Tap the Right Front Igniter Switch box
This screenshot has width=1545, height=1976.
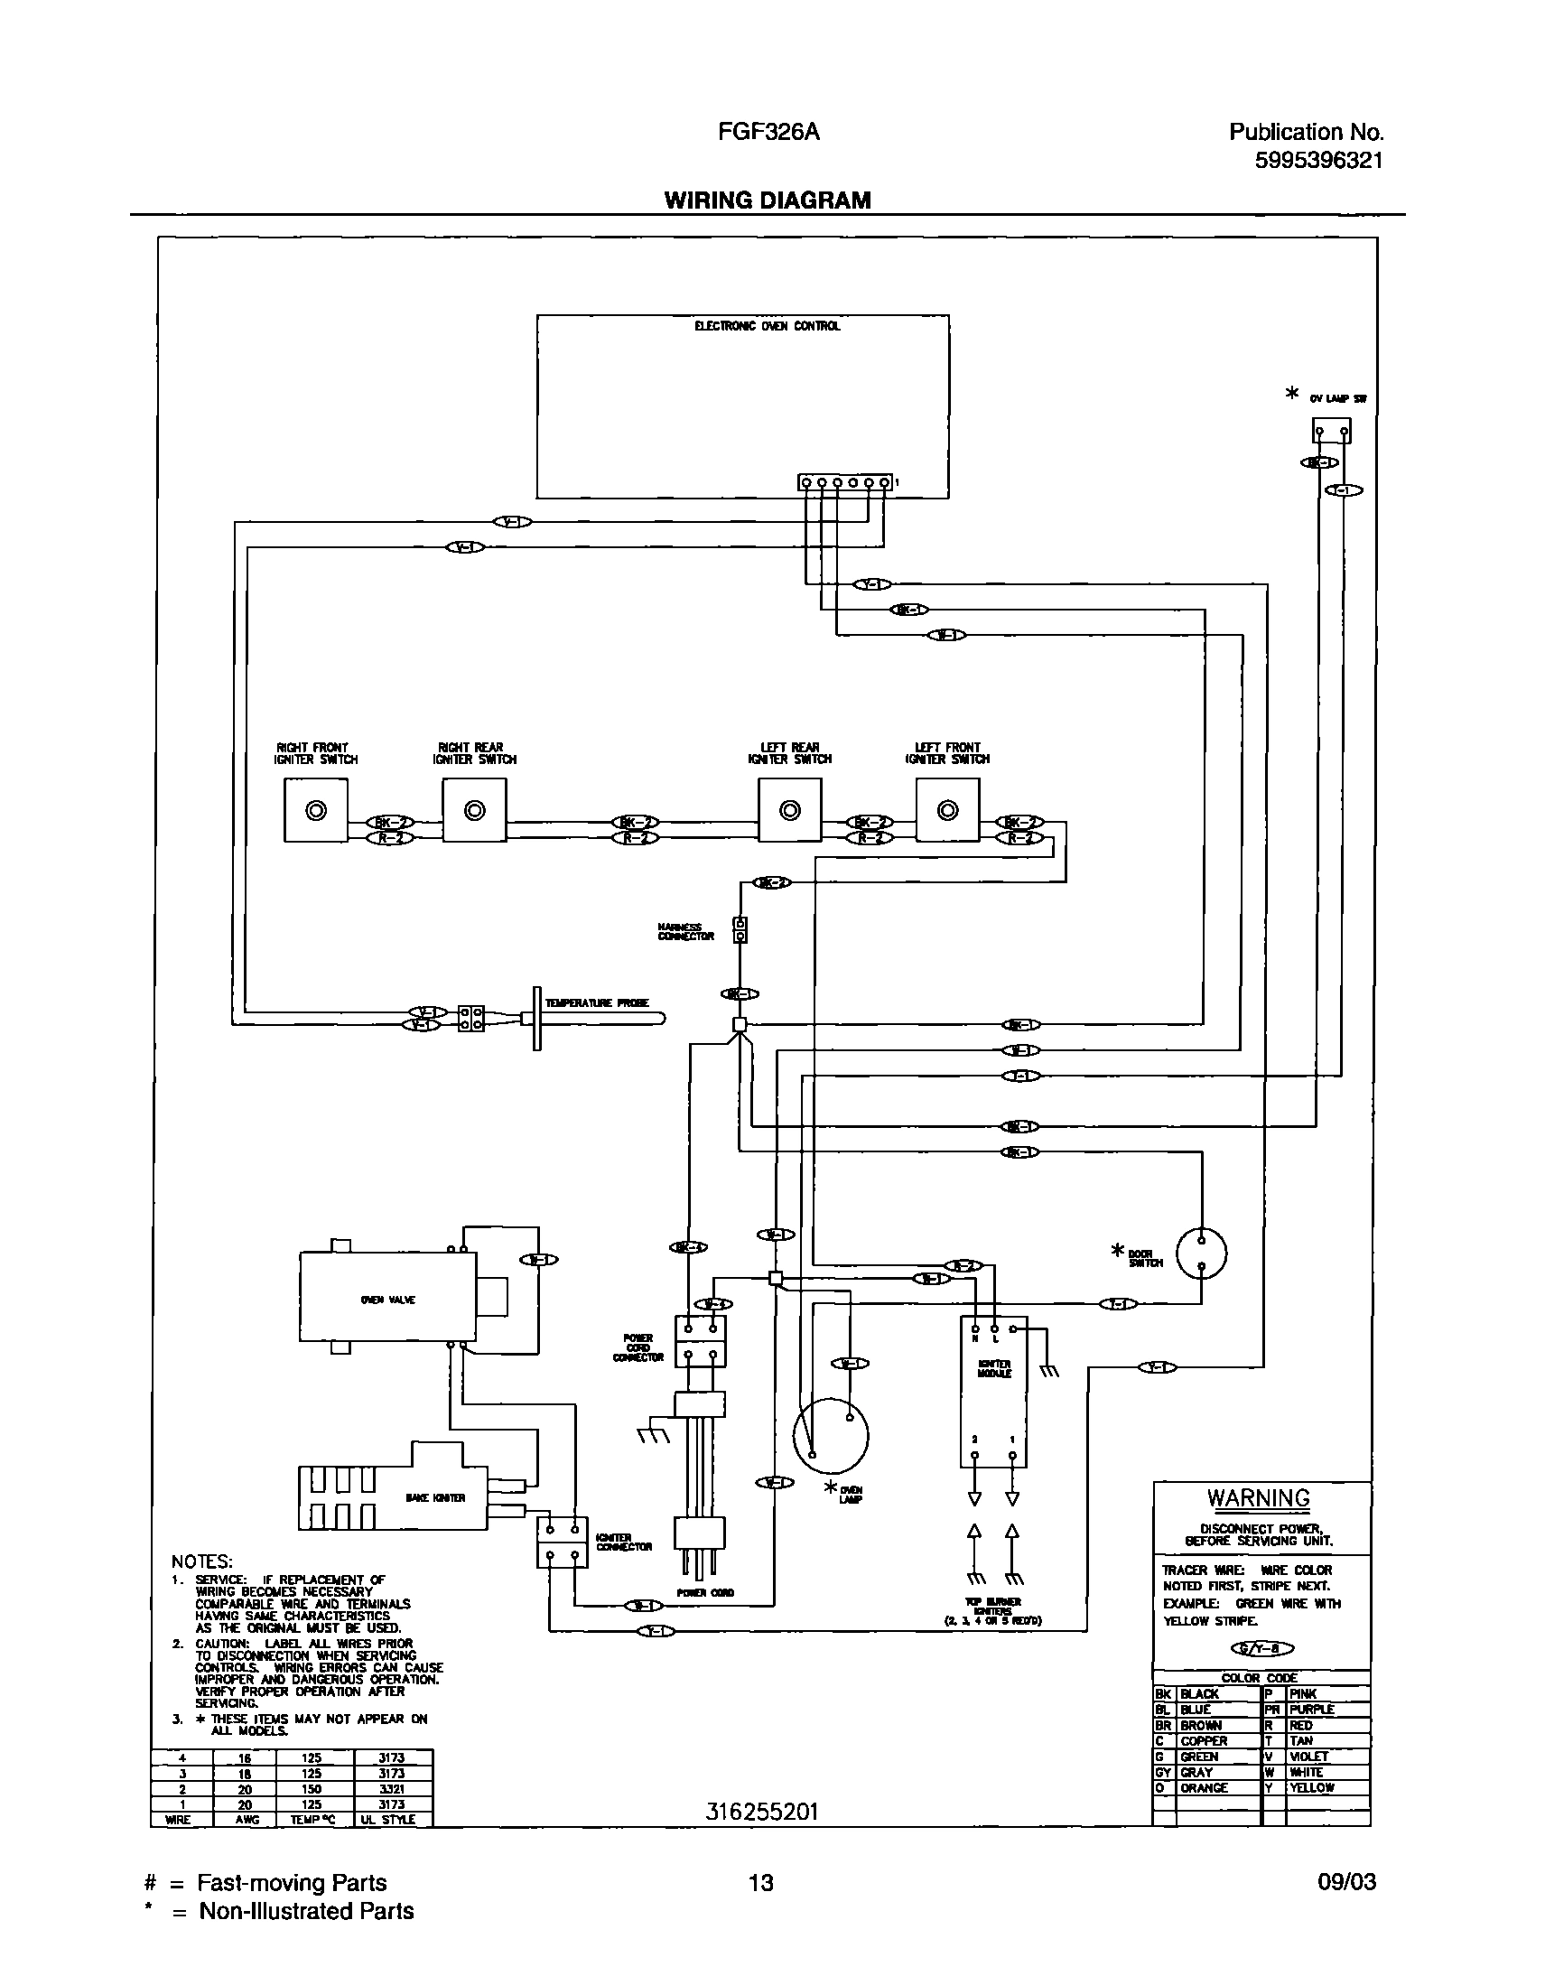pyautogui.click(x=316, y=811)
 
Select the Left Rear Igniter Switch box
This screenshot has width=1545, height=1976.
pyautogui.click(x=790, y=811)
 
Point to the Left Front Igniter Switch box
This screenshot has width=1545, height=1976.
pyautogui.click(x=947, y=811)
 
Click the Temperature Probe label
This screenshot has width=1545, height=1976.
pyautogui.click(x=597, y=1003)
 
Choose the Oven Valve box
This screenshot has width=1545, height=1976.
pyautogui.click(x=387, y=1300)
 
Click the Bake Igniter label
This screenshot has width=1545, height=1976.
pyautogui.click(x=436, y=1498)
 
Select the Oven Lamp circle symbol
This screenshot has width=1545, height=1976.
pyautogui.click(x=831, y=1436)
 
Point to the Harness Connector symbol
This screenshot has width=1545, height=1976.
pyautogui.click(x=740, y=930)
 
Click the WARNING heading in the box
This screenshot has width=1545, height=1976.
pyautogui.click(x=1258, y=1498)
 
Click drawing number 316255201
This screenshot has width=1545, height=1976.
pyautogui.click(x=761, y=1812)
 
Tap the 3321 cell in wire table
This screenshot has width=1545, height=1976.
pyautogui.click(x=392, y=1789)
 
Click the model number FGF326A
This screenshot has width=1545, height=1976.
pyautogui.click(x=768, y=133)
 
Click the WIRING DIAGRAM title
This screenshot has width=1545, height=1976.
pyautogui.click(x=767, y=200)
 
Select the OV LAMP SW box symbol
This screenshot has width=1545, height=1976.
pyautogui.click(x=1332, y=431)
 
